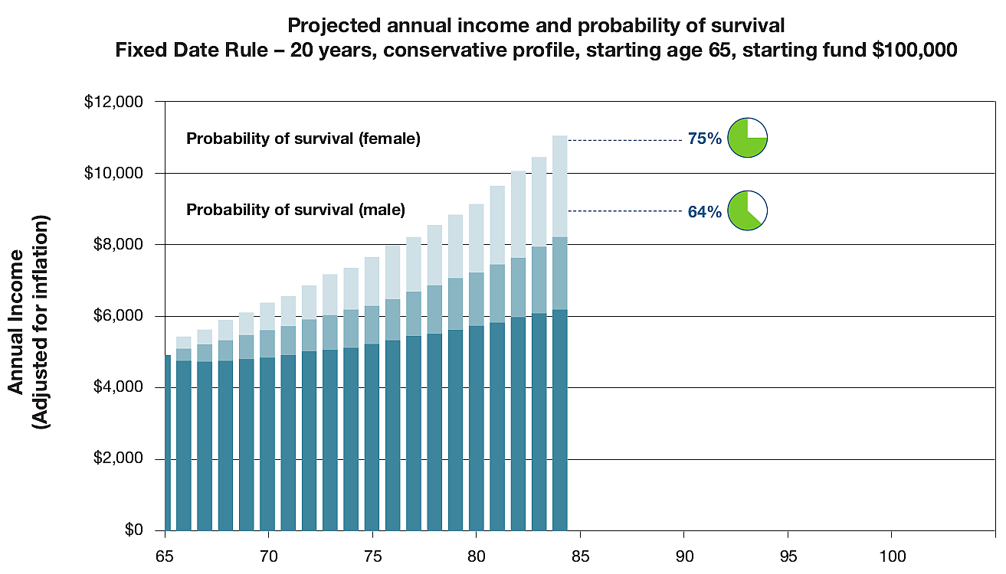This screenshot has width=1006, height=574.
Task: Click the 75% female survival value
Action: [704, 140]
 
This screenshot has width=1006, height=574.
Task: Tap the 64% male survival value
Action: [704, 212]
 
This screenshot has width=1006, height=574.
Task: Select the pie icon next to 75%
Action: [747, 139]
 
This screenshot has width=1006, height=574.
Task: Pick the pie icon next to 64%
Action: [747, 210]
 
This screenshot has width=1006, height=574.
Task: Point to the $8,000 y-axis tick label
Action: [120, 245]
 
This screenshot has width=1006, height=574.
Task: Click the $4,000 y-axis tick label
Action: [120, 387]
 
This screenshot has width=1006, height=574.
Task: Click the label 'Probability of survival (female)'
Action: [303, 139]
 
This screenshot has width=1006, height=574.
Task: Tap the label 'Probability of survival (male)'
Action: [296, 210]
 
